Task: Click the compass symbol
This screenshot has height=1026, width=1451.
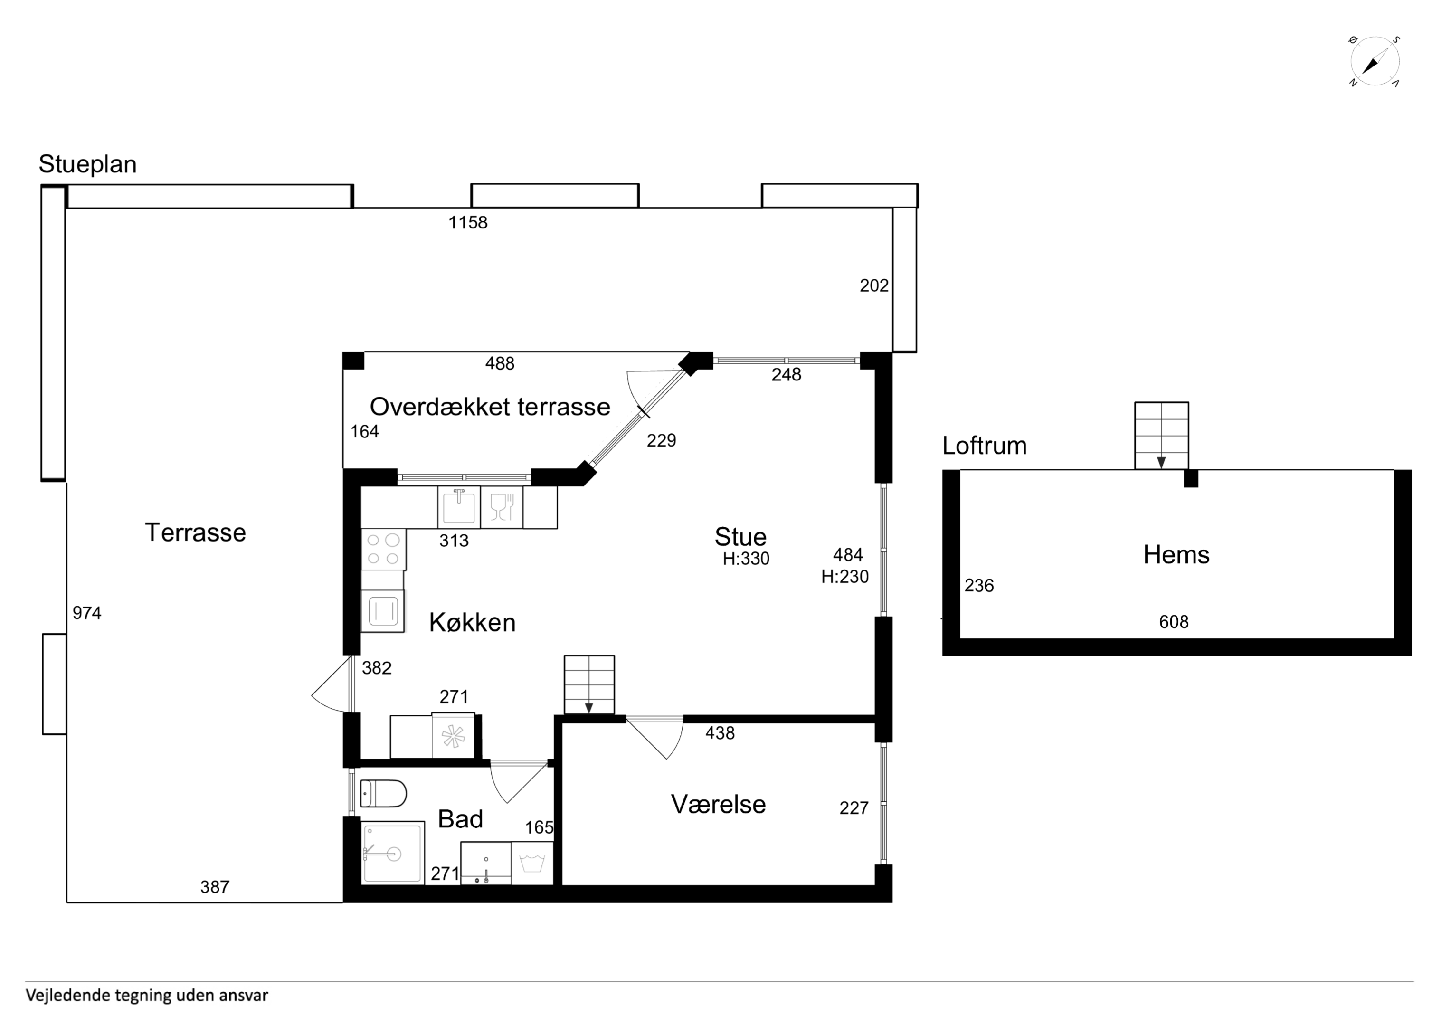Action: click(x=1375, y=62)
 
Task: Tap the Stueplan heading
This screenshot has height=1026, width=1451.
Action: click(x=88, y=164)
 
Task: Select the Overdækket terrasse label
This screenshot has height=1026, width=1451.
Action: click(x=490, y=407)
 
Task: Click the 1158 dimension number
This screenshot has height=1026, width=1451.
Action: click(x=468, y=222)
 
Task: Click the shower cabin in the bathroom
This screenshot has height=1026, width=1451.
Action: click(x=392, y=853)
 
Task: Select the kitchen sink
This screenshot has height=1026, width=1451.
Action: click(x=459, y=507)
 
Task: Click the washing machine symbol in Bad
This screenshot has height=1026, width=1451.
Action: click(x=532, y=863)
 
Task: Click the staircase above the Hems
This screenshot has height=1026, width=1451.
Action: click(x=1162, y=436)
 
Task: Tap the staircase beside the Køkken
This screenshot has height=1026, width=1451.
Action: click(x=589, y=684)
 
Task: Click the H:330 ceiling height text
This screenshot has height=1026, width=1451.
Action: click(x=746, y=559)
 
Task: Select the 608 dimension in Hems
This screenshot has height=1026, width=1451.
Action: click(x=1174, y=622)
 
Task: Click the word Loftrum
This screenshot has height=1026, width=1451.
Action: click(x=984, y=446)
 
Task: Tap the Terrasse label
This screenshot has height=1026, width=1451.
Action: click(x=195, y=532)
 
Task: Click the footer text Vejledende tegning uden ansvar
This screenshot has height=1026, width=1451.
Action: click(x=147, y=996)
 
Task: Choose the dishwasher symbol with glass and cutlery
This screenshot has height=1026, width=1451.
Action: click(x=502, y=507)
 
